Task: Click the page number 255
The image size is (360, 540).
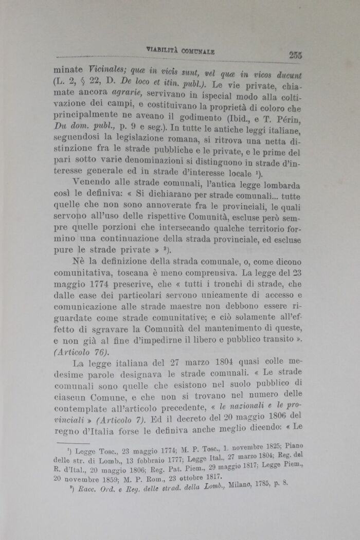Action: point(295,56)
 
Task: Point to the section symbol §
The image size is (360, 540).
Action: point(83,82)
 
